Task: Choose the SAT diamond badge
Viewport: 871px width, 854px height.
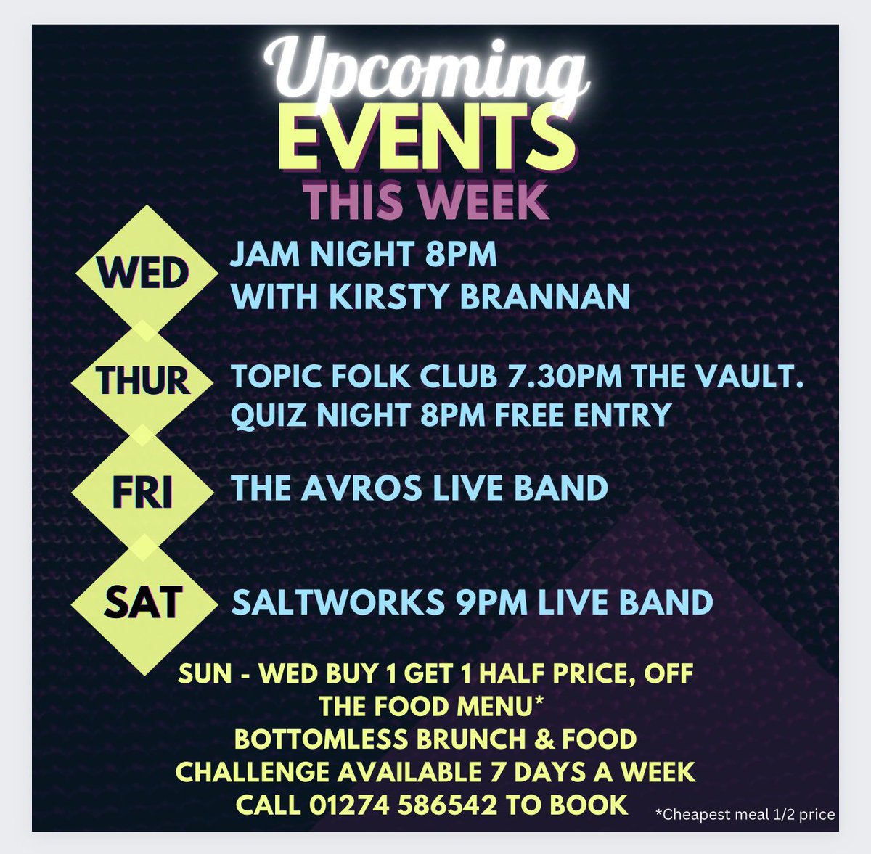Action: click(x=144, y=602)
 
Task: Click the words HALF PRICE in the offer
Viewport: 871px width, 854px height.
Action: click(x=552, y=673)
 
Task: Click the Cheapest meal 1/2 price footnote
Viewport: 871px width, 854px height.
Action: click(x=745, y=814)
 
